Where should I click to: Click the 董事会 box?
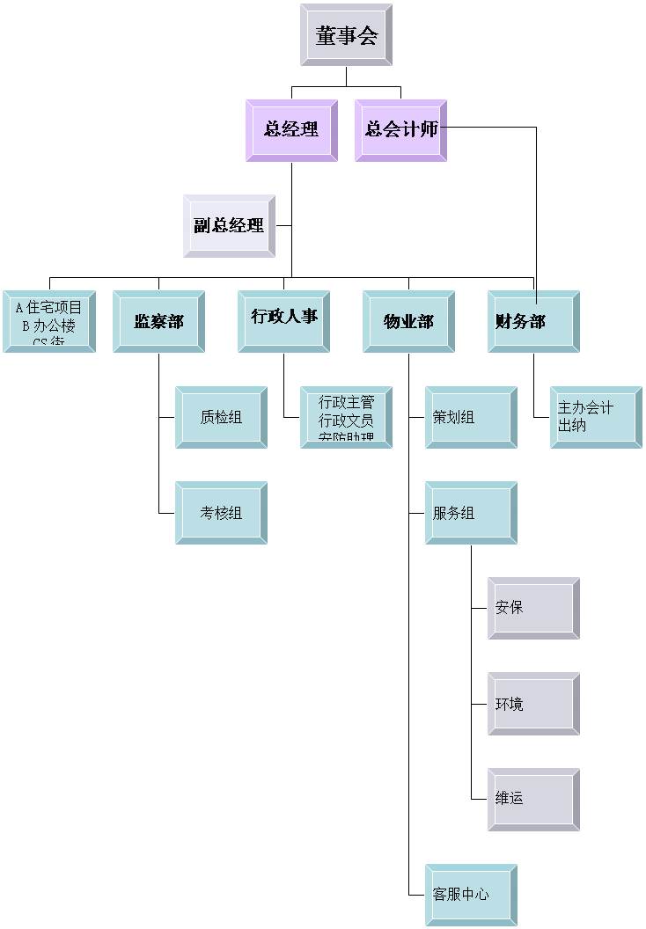coord(346,35)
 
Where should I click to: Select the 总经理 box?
coord(291,130)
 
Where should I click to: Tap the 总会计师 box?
coord(400,130)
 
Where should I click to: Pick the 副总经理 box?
coord(229,225)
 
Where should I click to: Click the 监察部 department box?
coord(158,322)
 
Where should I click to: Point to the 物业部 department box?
coord(408,322)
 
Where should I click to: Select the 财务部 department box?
coord(533,322)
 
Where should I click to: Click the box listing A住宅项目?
coord(49,322)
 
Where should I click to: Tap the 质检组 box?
coord(221,417)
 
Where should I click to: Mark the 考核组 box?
coord(221,513)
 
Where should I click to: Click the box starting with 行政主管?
coord(346,417)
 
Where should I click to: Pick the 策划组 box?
coord(471,417)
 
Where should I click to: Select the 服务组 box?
coord(471,513)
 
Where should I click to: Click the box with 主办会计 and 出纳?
coord(596,417)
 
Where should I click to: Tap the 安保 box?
coord(533,608)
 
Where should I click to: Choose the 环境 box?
coord(533,704)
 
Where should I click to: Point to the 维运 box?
coord(533,799)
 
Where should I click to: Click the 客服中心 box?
coord(471,895)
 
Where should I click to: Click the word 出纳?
coord(572,426)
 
